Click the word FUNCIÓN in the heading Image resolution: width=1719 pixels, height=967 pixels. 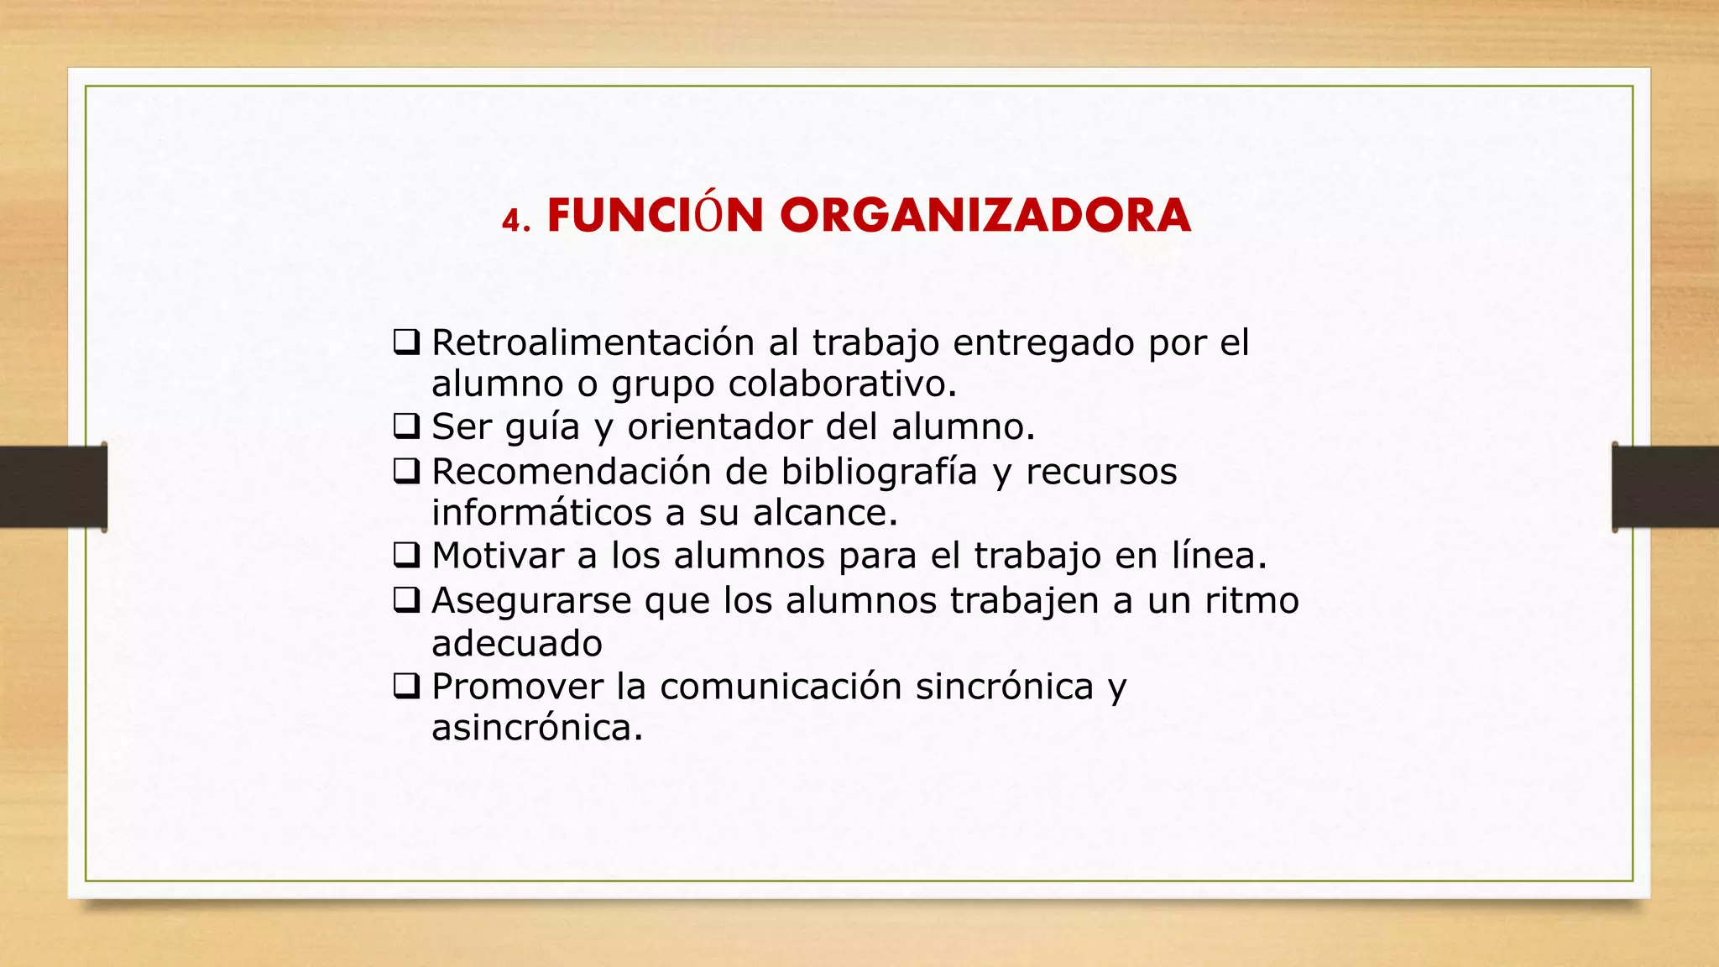(x=655, y=216)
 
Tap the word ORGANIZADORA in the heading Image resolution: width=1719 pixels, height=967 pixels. (x=985, y=216)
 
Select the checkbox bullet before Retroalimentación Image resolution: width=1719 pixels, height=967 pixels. (x=407, y=342)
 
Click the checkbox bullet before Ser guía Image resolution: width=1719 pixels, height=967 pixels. (x=407, y=426)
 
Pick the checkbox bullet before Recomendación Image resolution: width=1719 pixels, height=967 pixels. (x=407, y=471)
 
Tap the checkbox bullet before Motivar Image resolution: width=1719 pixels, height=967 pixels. (x=407, y=555)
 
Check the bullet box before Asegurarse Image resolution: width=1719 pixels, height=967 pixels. (x=407, y=599)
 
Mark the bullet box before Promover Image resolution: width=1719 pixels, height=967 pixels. (x=407, y=687)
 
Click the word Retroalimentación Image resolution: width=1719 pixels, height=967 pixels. (x=593, y=342)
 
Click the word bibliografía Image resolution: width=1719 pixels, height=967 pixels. (x=879, y=471)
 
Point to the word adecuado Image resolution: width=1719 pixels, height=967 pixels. (x=517, y=644)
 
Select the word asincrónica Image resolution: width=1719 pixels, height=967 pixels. (x=536, y=727)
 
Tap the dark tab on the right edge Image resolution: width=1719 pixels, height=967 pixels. (x=1665, y=487)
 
